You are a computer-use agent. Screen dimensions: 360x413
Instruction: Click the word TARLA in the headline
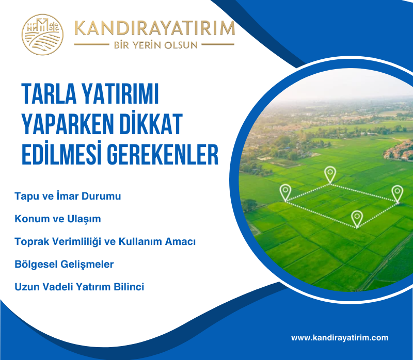click(x=49, y=94)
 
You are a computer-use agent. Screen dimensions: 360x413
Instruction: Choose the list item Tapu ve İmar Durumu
click(x=68, y=197)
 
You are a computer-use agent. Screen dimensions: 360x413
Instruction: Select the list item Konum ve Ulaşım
click(x=58, y=219)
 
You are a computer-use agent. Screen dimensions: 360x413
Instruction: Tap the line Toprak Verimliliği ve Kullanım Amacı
click(x=105, y=241)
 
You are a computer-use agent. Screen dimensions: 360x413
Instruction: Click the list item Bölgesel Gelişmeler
click(x=64, y=264)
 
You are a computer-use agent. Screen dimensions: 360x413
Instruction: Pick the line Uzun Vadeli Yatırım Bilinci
click(x=80, y=287)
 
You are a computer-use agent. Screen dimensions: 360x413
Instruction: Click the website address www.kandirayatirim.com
click(x=339, y=338)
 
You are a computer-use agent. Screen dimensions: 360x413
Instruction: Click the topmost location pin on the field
click(x=329, y=174)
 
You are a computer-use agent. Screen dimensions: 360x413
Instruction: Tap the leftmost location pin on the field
click(x=285, y=192)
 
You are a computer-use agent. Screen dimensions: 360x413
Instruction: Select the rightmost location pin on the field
click(x=396, y=193)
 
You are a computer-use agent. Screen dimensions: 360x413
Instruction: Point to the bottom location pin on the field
click(x=357, y=218)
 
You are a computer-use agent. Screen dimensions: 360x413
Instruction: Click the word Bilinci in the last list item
click(x=129, y=287)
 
